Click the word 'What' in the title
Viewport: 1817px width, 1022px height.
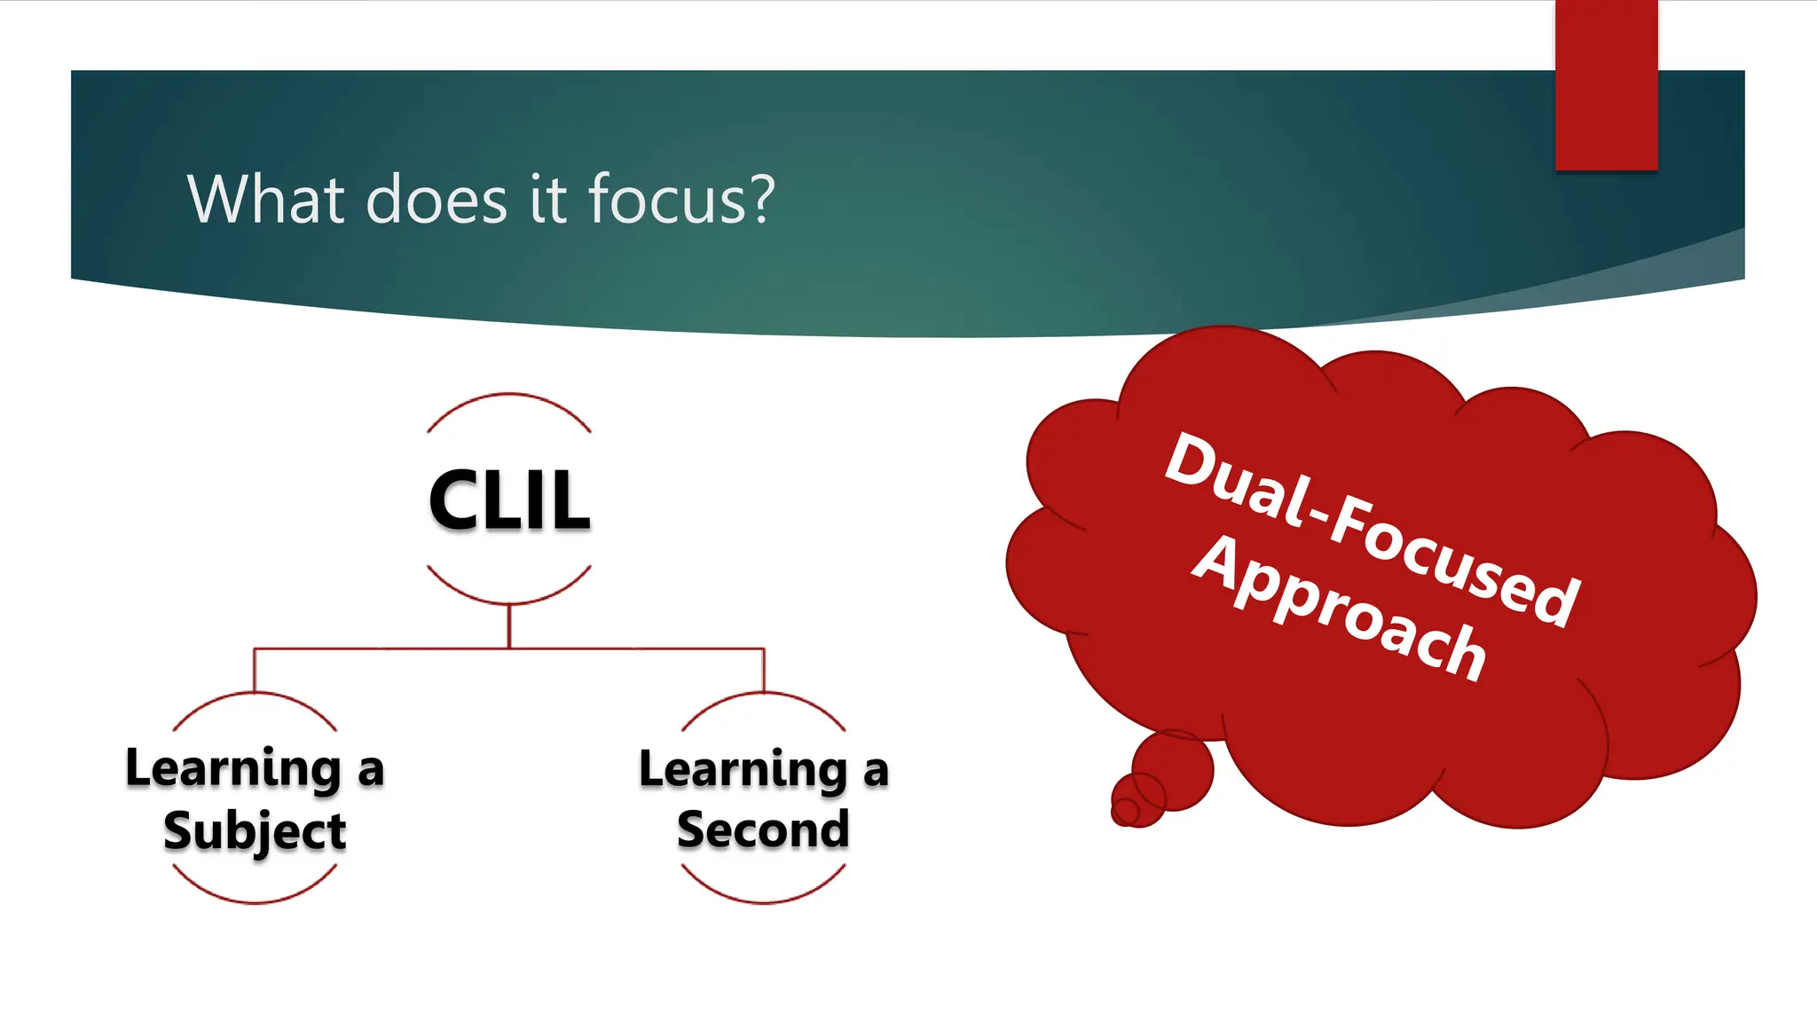[x=265, y=199]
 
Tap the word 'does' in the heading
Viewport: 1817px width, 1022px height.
[x=437, y=199]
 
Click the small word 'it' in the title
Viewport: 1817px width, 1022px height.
[x=548, y=199]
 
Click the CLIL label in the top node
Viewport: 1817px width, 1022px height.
[x=509, y=500]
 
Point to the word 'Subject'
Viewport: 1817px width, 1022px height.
[x=255, y=831]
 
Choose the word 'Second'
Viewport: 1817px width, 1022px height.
[x=763, y=829]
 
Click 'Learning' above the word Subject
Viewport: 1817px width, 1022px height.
[x=233, y=768]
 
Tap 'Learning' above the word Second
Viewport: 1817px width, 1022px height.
[x=743, y=769]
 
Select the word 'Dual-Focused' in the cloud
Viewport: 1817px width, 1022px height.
[x=1372, y=528]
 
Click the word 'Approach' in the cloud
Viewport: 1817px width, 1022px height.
[x=1340, y=608]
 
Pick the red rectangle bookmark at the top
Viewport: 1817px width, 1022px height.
[x=1606, y=85]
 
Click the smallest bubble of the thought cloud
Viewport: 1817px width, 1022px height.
[x=1126, y=810]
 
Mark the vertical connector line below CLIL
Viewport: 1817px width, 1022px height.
[x=509, y=626]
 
